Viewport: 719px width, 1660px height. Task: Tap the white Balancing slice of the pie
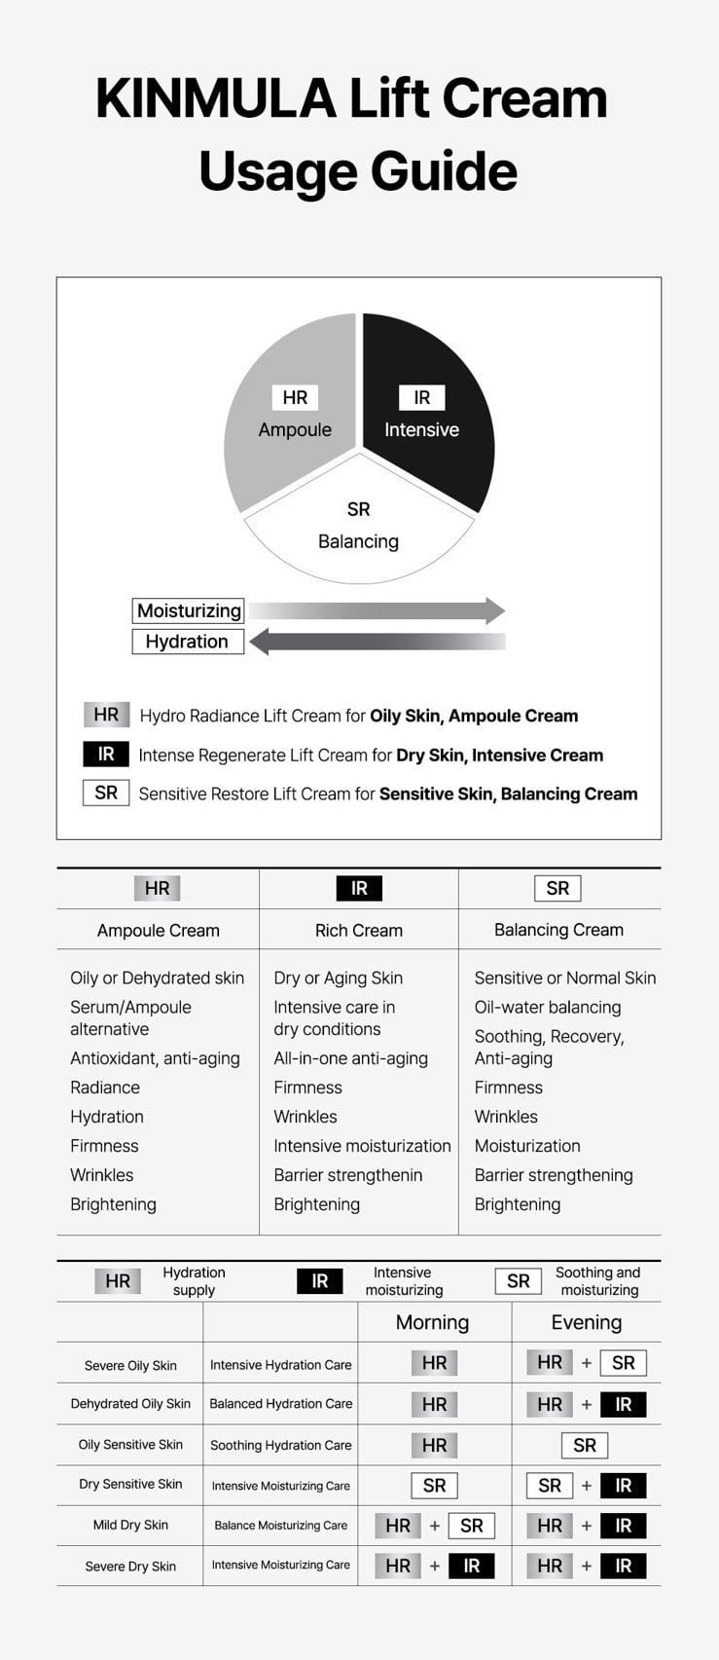click(358, 535)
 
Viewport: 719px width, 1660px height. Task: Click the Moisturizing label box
click(189, 610)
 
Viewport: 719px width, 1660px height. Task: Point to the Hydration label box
click(187, 642)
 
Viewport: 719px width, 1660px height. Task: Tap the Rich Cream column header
click(358, 930)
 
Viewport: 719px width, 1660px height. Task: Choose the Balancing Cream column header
click(558, 930)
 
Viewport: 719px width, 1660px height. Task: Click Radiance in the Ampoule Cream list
click(105, 1088)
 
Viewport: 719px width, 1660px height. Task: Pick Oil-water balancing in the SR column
click(547, 1007)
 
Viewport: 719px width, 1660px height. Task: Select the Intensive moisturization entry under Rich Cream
click(362, 1146)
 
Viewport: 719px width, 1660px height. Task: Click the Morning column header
click(432, 1322)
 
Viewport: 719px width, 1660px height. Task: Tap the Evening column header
click(586, 1322)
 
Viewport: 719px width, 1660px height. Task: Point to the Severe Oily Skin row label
click(130, 1365)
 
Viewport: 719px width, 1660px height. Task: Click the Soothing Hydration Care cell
click(280, 1445)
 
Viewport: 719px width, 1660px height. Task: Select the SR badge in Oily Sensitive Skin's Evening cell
click(585, 1446)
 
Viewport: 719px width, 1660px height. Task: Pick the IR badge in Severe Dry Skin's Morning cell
click(472, 1566)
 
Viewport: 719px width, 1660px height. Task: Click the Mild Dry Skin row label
click(130, 1525)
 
